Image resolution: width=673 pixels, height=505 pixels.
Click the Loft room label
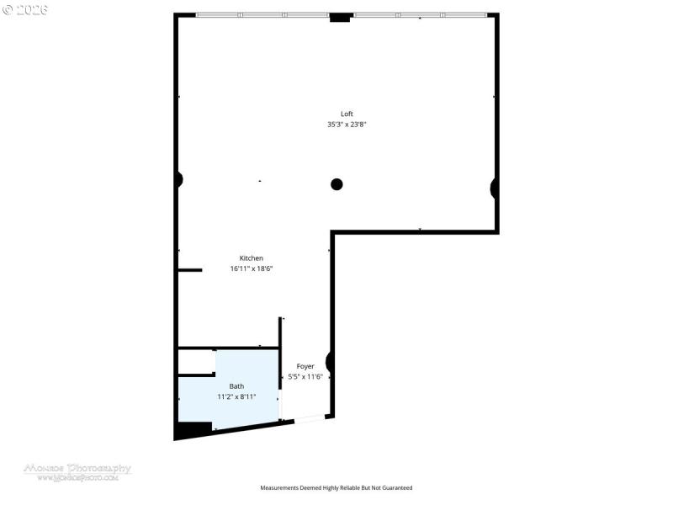pyautogui.click(x=347, y=114)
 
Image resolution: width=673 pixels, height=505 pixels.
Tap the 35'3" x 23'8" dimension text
pyautogui.click(x=347, y=125)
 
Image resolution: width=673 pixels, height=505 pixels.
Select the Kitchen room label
pyautogui.click(x=252, y=258)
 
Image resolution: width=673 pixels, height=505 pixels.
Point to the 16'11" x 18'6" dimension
pyautogui.click(x=252, y=268)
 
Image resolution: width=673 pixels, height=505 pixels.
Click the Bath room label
pyautogui.click(x=236, y=386)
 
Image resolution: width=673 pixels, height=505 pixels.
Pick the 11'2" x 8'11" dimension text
pyautogui.click(x=236, y=396)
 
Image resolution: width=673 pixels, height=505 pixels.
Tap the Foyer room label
pyautogui.click(x=305, y=366)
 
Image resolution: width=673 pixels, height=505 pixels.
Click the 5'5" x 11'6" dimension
pyautogui.click(x=305, y=376)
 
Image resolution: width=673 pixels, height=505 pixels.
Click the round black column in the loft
pyautogui.click(x=336, y=184)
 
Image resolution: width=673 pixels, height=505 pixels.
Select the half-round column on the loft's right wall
pyautogui.click(x=495, y=188)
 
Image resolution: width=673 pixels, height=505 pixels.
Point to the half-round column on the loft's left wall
pyautogui.click(x=179, y=179)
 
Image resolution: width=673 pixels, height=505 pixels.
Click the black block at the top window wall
pyautogui.click(x=340, y=17)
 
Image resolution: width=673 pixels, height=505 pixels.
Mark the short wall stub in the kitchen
pyautogui.click(x=190, y=270)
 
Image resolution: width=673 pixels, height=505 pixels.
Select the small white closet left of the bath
pyautogui.click(x=196, y=362)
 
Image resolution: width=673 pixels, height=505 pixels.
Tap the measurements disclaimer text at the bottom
pyautogui.click(x=336, y=488)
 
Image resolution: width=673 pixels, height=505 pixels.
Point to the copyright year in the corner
pyautogui.click(x=25, y=9)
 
